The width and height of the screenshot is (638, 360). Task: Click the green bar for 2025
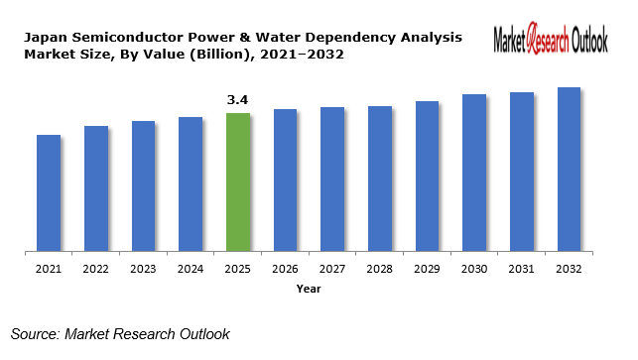click(x=238, y=181)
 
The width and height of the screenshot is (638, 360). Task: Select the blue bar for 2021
click(x=49, y=192)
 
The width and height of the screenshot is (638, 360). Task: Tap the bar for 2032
click(x=569, y=169)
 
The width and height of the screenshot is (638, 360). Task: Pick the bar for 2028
click(x=380, y=179)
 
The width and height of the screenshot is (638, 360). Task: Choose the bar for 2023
click(x=144, y=185)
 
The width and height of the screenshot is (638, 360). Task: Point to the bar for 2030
click(x=474, y=173)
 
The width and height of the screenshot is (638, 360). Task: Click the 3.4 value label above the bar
click(x=238, y=100)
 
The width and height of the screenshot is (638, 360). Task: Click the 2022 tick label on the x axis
click(x=96, y=269)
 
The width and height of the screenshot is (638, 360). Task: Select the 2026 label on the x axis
click(x=286, y=269)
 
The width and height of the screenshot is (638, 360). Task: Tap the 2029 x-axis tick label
click(x=428, y=269)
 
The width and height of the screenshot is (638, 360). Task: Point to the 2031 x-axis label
click(x=522, y=269)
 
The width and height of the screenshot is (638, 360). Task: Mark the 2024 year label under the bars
click(x=191, y=269)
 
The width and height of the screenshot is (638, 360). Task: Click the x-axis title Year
click(x=309, y=289)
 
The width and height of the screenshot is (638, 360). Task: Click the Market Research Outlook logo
click(x=551, y=41)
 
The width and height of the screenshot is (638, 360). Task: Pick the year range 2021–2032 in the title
click(x=300, y=54)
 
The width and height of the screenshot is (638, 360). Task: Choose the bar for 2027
click(x=332, y=179)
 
